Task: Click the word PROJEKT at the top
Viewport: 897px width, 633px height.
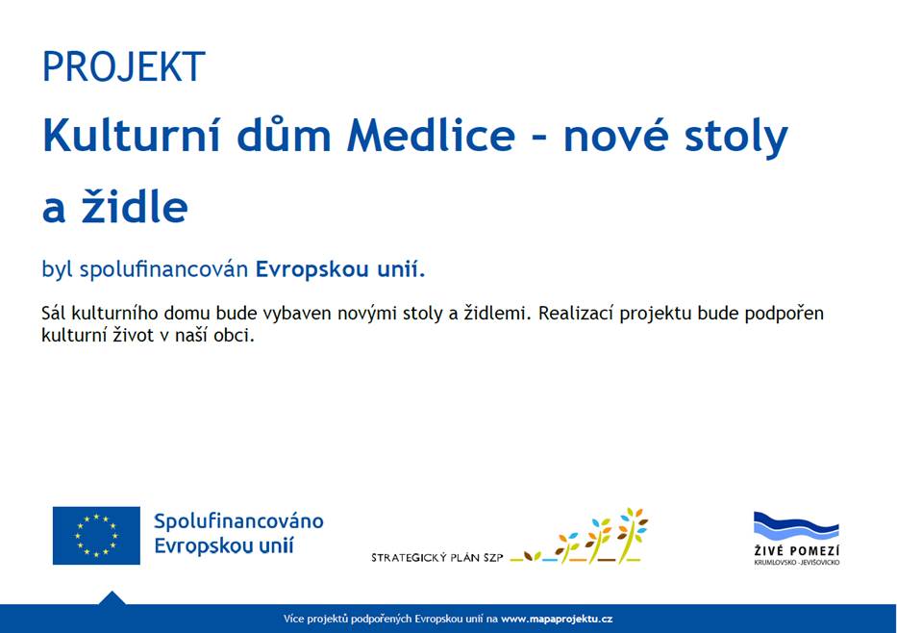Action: click(123, 67)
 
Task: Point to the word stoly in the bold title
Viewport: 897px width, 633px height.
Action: click(737, 138)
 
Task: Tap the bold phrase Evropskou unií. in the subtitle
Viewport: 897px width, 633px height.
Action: click(339, 268)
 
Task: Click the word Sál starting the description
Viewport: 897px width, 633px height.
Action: click(56, 314)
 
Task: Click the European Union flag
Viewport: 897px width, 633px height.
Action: click(96, 535)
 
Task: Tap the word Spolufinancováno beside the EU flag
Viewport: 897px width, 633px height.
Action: click(238, 521)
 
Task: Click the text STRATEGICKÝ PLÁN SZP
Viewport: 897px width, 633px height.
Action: click(436, 557)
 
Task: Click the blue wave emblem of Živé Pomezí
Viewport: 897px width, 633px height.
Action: click(796, 527)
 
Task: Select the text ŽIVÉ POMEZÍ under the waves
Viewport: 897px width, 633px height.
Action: click(796, 550)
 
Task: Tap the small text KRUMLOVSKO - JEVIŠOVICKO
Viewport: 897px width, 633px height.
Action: click(796, 562)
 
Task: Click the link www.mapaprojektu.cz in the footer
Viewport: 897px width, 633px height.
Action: click(556, 619)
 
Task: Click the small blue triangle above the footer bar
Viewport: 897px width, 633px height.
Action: click(112, 597)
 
